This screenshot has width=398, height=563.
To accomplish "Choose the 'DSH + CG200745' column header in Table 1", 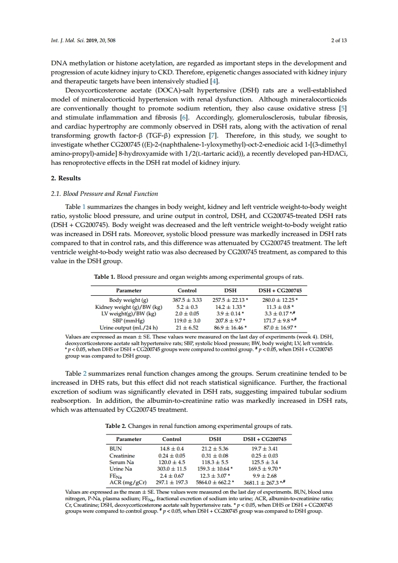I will pos(276,290).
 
